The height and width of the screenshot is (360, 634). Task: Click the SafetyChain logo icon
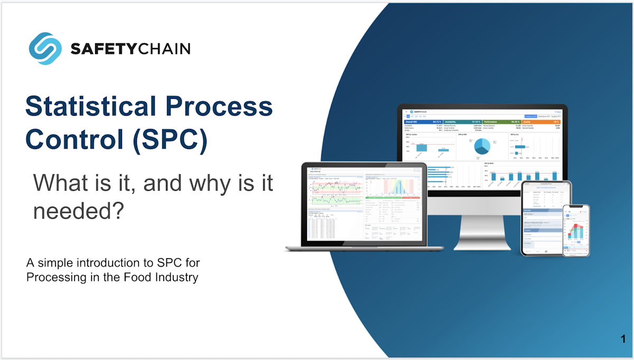click(45, 49)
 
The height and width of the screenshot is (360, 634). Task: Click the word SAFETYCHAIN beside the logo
click(130, 49)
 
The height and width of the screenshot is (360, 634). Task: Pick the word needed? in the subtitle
click(78, 211)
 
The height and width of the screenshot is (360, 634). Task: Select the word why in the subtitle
click(194, 183)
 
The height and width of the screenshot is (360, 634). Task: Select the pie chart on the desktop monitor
click(481, 146)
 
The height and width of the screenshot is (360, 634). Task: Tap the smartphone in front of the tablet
click(575, 230)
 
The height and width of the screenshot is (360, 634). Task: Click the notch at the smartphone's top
click(575, 207)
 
